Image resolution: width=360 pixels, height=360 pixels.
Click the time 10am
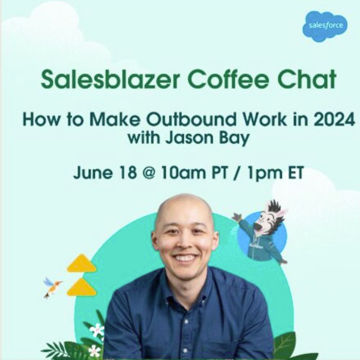point(184,173)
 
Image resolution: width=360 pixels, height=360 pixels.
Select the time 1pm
point(260,173)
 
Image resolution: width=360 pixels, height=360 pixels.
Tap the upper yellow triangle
point(81,264)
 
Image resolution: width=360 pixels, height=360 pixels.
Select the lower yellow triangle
point(82,287)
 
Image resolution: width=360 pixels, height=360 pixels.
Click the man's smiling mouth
point(185,258)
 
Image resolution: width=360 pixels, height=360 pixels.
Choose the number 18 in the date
point(128,173)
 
